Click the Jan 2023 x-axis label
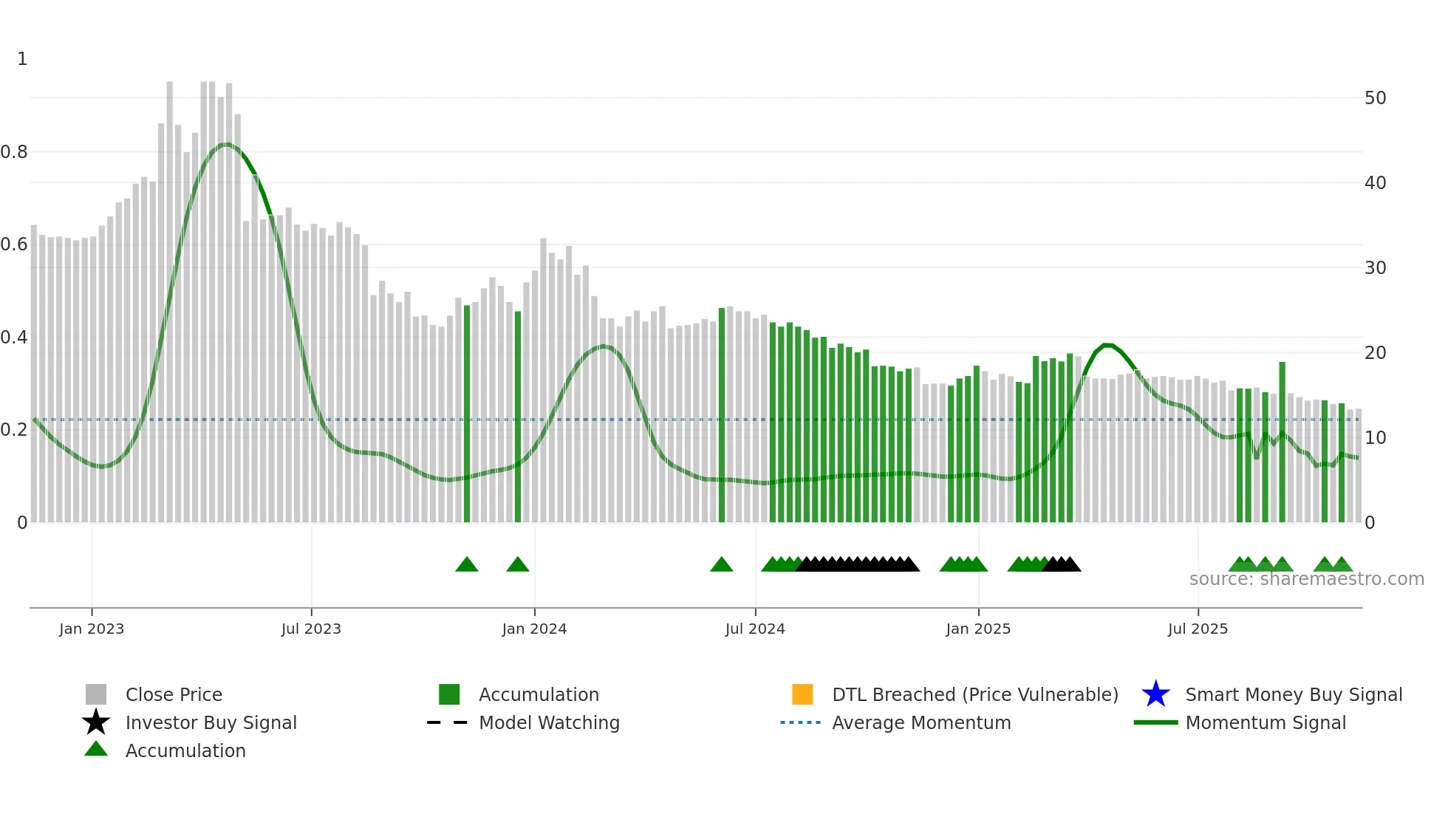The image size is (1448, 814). [92, 629]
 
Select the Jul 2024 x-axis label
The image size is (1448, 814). [755, 629]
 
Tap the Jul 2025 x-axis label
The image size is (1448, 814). [1198, 629]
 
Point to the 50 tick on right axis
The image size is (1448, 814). [1375, 98]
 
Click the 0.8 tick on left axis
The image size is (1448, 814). [14, 152]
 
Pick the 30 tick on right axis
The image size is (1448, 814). [1375, 268]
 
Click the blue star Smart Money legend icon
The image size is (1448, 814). [1155, 694]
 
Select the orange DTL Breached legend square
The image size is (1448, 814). [802, 694]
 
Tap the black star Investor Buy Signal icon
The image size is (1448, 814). [96, 722]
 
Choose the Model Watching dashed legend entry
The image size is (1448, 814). [448, 722]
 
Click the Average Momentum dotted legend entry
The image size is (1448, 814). [801, 722]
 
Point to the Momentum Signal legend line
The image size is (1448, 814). [1155, 722]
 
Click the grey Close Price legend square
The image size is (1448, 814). [96, 694]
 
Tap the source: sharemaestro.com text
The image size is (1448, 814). [1306, 579]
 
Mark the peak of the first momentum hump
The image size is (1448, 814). [227, 144]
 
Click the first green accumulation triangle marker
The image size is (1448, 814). [467, 565]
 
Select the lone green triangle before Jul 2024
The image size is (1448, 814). [721, 565]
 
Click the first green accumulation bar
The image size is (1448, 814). [467, 414]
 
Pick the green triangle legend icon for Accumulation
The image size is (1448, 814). [96, 749]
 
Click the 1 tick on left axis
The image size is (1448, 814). [22, 59]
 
